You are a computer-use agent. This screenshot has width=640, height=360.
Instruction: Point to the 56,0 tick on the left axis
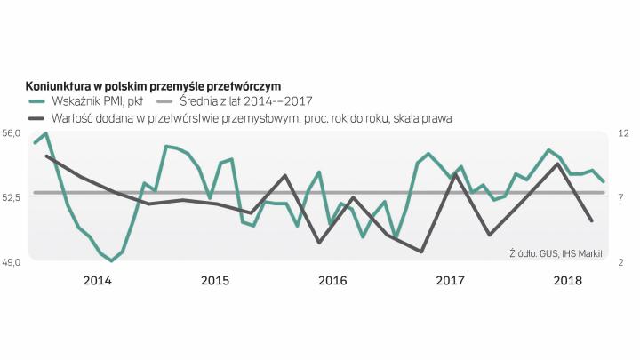[12, 132]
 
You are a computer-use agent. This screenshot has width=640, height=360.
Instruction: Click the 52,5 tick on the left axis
[12, 196]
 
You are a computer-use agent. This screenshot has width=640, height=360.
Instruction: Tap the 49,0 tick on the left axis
[12, 261]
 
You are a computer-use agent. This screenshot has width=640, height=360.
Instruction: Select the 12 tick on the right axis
[623, 132]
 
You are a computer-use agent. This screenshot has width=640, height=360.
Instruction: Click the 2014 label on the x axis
[97, 281]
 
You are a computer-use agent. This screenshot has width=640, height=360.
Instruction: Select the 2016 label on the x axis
[332, 281]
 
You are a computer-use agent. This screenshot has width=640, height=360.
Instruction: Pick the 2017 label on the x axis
[451, 281]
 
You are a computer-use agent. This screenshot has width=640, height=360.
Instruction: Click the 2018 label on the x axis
[567, 281]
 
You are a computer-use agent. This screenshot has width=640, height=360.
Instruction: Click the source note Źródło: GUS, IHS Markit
[556, 253]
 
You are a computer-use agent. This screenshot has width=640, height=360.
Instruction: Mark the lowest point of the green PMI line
[111, 260]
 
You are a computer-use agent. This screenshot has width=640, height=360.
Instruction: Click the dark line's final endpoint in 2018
[592, 220]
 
